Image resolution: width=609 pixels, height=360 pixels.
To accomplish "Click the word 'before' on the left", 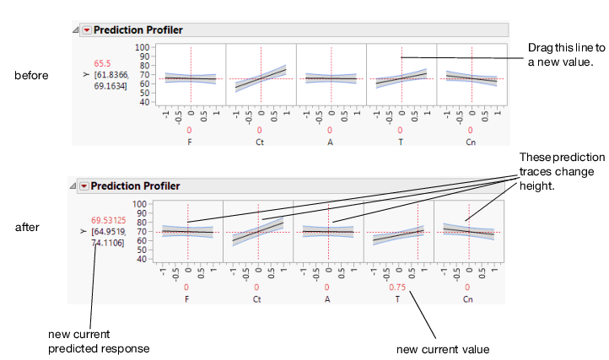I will coord(30,75).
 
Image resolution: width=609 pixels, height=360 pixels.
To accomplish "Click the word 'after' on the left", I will coord(27,228).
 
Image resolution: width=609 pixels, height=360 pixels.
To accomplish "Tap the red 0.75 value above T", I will coord(397,287).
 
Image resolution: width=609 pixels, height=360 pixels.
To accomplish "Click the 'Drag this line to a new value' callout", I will coord(561,55).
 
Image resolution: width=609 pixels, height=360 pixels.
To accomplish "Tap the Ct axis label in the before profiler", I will coord(260,143).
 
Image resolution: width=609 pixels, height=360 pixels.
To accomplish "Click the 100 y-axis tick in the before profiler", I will coord(143,48).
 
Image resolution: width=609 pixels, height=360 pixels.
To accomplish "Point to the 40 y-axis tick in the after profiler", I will coord(141,259).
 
